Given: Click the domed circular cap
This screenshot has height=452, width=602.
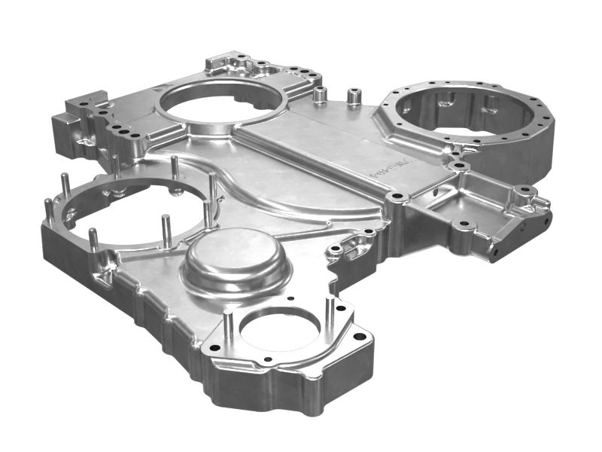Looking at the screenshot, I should point(236,260).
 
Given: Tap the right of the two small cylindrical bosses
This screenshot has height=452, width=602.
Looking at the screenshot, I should point(354,98).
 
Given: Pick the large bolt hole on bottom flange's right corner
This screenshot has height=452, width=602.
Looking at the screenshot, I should point(359,336).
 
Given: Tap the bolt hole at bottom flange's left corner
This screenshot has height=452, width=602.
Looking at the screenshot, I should point(214,349).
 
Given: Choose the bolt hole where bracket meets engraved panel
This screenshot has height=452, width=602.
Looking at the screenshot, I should point(397,197).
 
